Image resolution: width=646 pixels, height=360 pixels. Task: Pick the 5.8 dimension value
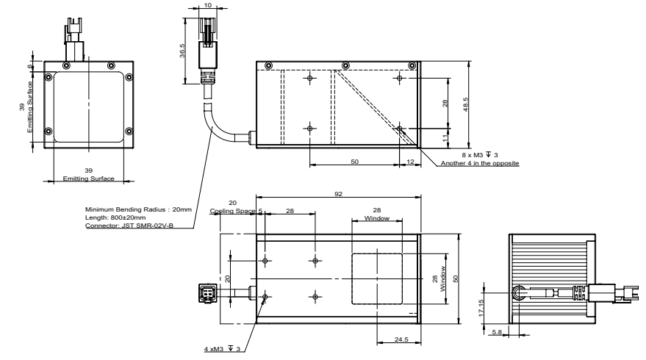tap(496, 333)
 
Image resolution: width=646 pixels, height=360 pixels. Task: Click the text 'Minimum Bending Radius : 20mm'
tap(138, 210)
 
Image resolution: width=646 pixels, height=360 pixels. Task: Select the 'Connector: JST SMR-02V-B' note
tap(129, 226)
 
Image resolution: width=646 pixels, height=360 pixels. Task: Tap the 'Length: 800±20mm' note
tap(115, 218)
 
